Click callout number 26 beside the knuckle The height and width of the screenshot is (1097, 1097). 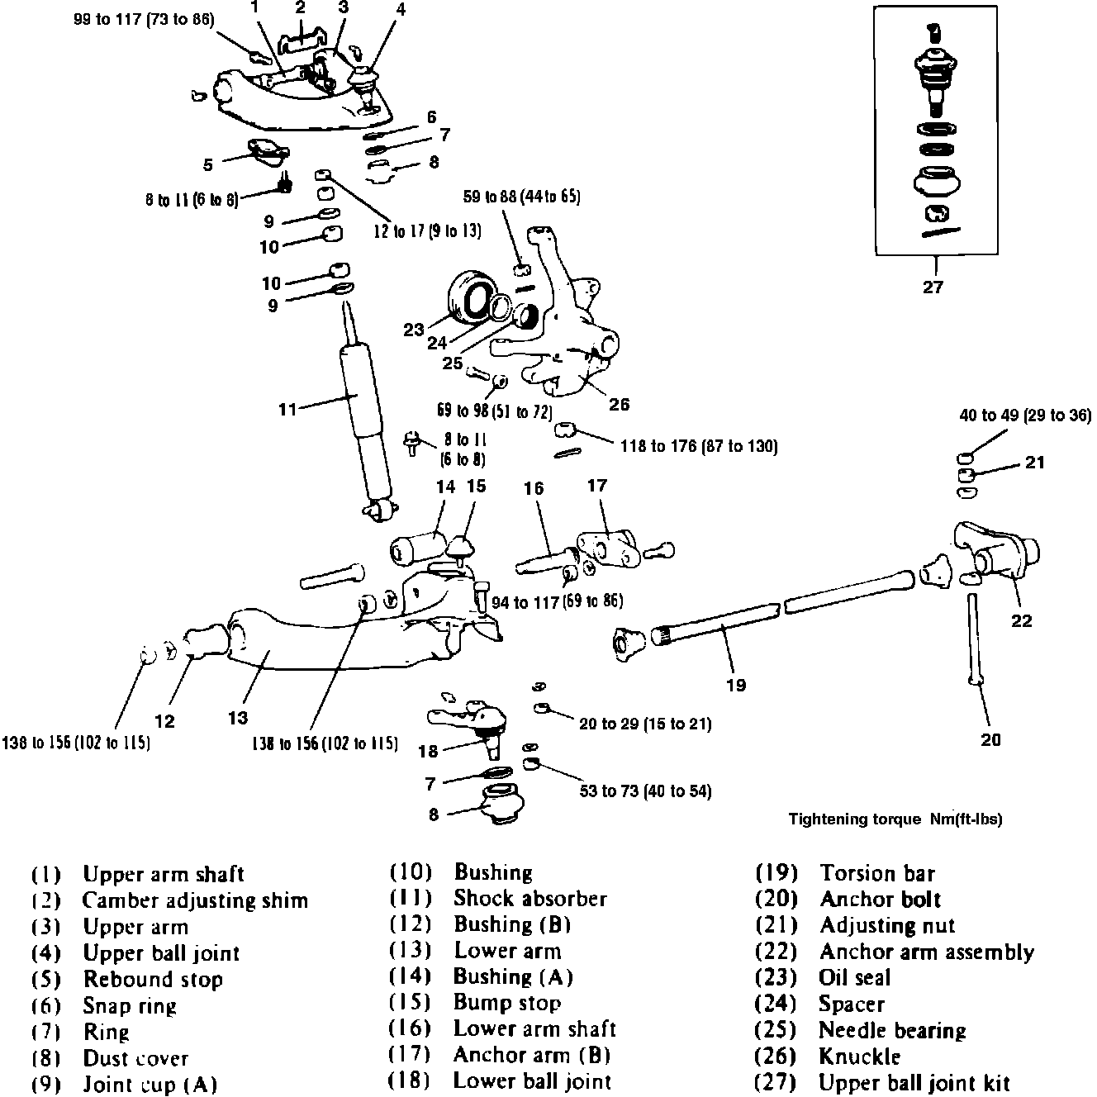(x=619, y=404)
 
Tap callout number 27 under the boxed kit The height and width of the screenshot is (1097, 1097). (x=933, y=287)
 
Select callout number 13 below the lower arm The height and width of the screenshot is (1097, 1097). (x=238, y=718)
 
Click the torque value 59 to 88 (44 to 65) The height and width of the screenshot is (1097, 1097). (x=521, y=197)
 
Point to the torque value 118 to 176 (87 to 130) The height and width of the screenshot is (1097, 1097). (x=699, y=446)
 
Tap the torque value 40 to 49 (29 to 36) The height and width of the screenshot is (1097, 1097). (x=1025, y=416)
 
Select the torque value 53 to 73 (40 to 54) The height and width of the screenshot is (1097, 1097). (x=645, y=791)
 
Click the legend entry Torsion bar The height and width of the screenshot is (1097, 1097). (x=877, y=873)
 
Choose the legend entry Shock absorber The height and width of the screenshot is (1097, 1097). (x=530, y=899)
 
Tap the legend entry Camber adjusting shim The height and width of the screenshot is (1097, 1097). (x=195, y=900)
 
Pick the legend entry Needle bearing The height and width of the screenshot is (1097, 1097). (x=892, y=1030)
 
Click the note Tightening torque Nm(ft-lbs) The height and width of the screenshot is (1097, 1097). (x=895, y=819)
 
